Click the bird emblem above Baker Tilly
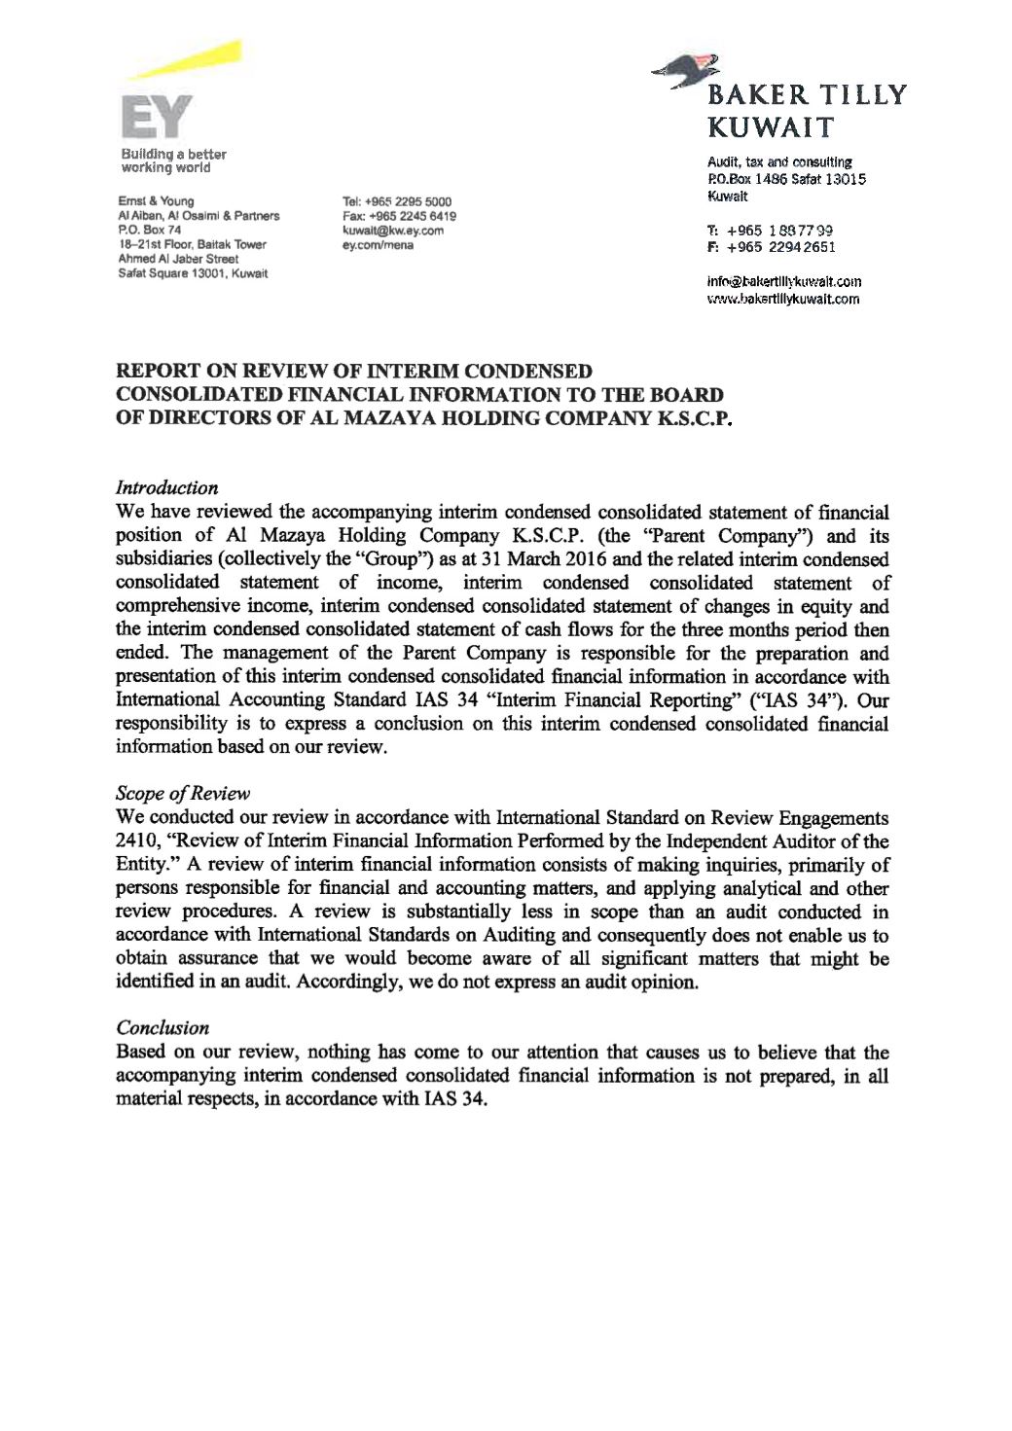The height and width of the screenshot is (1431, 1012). (688, 71)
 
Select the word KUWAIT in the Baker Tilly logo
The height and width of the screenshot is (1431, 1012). (770, 127)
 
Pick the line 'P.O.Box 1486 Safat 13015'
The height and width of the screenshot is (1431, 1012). (786, 179)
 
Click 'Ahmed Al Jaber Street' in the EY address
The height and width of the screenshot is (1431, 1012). (178, 259)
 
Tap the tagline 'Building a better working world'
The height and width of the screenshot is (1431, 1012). (173, 161)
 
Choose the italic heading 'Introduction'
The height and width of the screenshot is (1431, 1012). (166, 487)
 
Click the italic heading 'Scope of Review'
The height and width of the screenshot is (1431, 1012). (182, 793)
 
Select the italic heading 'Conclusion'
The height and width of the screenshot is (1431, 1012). (162, 1027)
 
